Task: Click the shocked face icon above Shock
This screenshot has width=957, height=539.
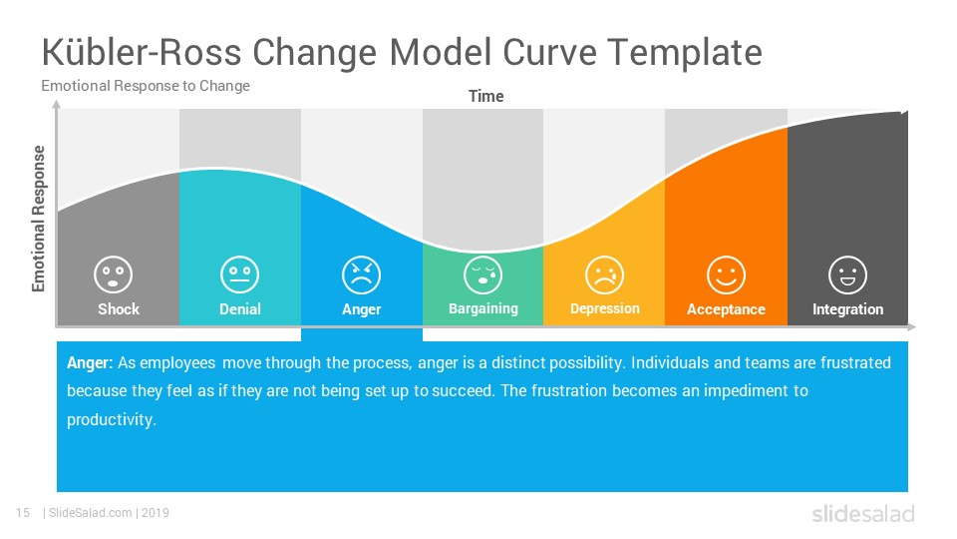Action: coord(113,274)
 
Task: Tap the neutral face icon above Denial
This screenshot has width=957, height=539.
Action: coord(240,274)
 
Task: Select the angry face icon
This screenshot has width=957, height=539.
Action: coord(361,275)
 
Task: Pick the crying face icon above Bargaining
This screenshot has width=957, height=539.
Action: coord(482,275)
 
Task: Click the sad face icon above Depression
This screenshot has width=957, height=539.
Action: coord(604,275)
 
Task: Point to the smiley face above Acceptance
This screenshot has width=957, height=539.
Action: coord(726,275)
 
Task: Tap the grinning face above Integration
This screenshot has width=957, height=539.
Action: coord(847,275)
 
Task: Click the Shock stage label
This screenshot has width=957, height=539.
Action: coord(119,309)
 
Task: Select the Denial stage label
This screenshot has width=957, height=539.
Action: coord(240,309)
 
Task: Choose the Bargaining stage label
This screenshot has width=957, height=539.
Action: coord(482,309)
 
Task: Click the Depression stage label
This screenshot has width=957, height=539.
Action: coord(605,309)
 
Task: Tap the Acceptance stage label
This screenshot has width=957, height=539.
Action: coord(726,309)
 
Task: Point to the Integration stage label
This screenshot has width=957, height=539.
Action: coord(847,309)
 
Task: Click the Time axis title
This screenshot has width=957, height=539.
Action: coord(485,97)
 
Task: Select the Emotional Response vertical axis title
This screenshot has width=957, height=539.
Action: coord(39,219)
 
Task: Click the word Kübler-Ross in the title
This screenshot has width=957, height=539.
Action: coord(142,52)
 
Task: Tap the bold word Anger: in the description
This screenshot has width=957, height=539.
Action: coord(90,363)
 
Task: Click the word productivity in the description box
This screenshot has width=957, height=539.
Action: coord(111,420)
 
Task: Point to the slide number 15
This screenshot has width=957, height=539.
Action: coord(23,513)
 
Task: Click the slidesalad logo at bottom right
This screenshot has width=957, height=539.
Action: coord(863,514)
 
